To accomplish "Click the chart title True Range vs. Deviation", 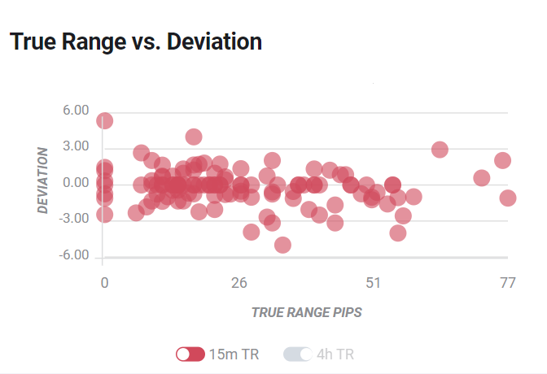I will click(135, 42).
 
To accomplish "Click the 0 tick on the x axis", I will click(104, 283).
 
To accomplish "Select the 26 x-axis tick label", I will click(238, 283).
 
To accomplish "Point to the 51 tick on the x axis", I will click(374, 283).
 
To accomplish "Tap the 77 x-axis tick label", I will click(508, 283).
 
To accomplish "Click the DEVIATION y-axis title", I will click(43, 180).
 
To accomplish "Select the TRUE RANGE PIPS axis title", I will click(306, 312).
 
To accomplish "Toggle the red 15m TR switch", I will click(190, 354).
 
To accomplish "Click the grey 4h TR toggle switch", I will click(297, 354).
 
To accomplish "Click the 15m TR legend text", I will click(234, 354).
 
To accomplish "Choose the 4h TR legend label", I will click(336, 354).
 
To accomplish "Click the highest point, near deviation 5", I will click(104, 120).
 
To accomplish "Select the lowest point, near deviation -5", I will click(282, 245).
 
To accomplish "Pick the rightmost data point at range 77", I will click(508, 198).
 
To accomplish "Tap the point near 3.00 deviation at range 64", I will click(440, 150).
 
